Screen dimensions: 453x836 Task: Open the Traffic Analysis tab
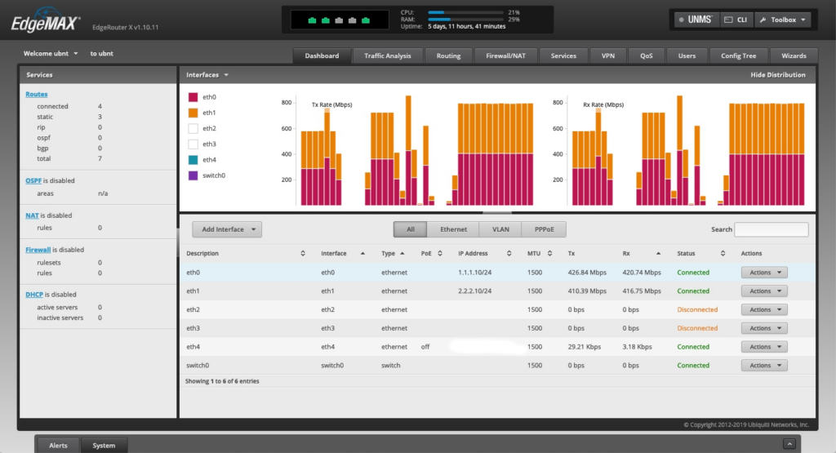(x=388, y=56)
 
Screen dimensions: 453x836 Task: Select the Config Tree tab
(x=738, y=56)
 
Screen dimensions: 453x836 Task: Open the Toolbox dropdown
(x=783, y=20)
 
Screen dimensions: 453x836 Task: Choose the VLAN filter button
(x=500, y=229)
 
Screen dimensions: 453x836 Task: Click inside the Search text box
(x=771, y=229)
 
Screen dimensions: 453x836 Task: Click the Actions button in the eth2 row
(x=764, y=309)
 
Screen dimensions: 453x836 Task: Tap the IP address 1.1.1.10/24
(x=475, y=273)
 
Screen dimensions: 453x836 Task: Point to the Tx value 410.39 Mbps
(x=587, y=291)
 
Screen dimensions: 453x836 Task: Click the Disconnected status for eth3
(x=697, y=328)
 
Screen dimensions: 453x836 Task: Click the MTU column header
(x=535, y=253)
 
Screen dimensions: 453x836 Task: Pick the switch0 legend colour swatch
(x=193, y=175)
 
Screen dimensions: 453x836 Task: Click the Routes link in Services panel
(x=37, y=95)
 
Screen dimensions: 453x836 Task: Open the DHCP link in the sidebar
(x=34, y=295)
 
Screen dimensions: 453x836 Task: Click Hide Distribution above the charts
(x=778, y=75)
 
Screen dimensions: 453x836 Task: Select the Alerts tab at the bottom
(x=59, y=445)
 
